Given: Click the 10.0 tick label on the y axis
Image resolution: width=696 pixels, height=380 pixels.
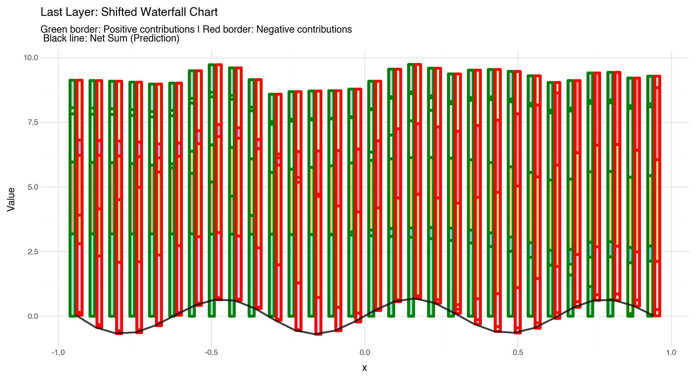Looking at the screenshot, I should pos(30,58).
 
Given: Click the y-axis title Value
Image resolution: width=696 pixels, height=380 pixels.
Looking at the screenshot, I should pos(11,199).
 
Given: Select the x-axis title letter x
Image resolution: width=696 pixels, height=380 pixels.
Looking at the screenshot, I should pos(364,368).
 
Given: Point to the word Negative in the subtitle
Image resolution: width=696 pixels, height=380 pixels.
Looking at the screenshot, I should pos(275,29).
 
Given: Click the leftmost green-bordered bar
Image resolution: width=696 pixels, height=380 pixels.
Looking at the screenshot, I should pos(73,198).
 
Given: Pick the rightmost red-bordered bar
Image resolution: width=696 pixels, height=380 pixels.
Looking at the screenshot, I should pos(657,196).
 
